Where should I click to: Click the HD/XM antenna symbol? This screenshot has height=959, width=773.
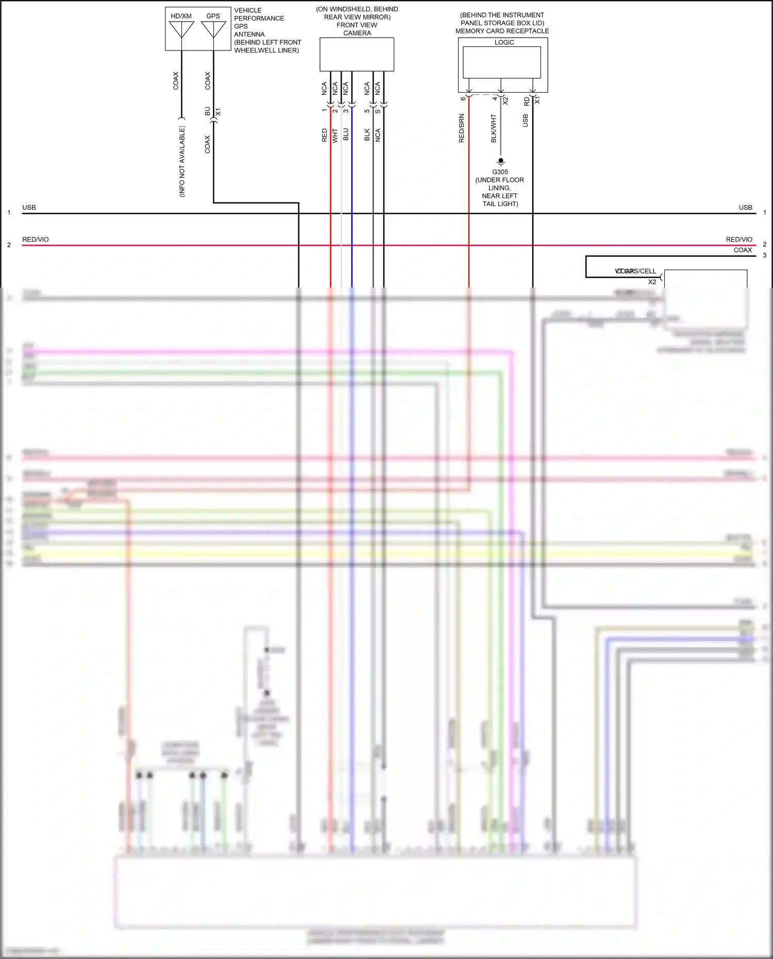[181, 29]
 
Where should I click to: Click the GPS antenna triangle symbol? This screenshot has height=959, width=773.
[213, 29]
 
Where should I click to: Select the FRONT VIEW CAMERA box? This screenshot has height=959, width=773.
[357, 54]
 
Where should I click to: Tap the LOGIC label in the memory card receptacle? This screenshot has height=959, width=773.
[504, 42]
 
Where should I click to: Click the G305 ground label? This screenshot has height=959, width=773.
[500, 172]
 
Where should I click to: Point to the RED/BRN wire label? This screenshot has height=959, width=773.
[462, 128]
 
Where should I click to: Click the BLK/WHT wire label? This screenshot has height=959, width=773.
[494, 129]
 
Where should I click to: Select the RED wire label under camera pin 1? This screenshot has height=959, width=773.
[324, 135]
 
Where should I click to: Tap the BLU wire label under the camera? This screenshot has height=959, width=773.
[346, 134]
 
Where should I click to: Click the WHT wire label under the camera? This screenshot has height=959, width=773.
[335, 136]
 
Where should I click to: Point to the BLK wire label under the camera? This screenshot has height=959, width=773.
[367, 134]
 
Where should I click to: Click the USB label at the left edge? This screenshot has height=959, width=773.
[29, 208]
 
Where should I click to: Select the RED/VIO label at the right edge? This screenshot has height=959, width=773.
[738, 240]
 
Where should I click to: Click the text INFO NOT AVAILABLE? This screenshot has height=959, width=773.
[182, 161]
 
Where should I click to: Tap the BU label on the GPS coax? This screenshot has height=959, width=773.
[207, 111]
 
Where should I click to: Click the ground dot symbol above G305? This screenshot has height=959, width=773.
[500, 161]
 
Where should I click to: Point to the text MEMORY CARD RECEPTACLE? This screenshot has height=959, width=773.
[502, 31]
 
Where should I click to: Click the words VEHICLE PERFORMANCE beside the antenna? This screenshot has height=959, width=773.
[259, 14]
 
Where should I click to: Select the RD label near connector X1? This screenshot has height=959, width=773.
[526, 102]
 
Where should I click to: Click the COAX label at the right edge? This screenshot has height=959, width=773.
[743, 250]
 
